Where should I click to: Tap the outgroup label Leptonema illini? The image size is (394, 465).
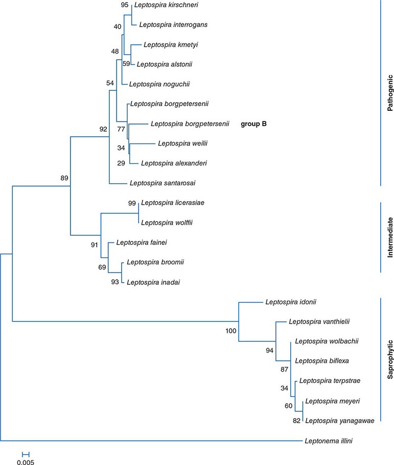pos(327,440)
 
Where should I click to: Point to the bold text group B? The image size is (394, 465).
pos(254,124)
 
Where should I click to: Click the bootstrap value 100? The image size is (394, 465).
pos(230,331)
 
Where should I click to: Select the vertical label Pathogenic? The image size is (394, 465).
pos(389,93)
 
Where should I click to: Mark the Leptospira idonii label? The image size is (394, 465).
pos(291,302)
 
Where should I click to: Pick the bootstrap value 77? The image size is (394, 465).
pos(121,129)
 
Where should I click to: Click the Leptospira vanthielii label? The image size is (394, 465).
pos(316,322)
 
